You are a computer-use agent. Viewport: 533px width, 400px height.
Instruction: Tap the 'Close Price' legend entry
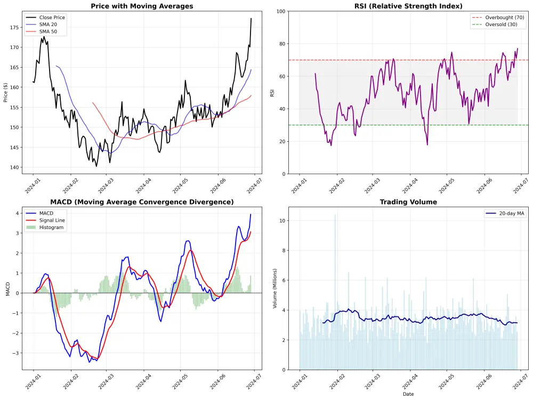[x=52, y=17]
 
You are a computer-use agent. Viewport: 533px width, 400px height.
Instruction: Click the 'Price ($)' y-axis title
[x=5, y=93]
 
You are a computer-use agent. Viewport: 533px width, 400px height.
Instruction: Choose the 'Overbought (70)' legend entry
[x=504, y=18]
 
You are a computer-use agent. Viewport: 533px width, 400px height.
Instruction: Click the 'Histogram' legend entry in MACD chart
[x=51, y=227]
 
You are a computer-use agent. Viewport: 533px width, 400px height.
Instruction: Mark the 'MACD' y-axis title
[x=7, y=289]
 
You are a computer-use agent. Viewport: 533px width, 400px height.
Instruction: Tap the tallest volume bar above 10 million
[x=335, y=215]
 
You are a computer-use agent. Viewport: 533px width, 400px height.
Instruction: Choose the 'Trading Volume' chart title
[x=408, y=202]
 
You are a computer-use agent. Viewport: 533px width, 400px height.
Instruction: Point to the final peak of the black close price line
[x=251, y=19]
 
